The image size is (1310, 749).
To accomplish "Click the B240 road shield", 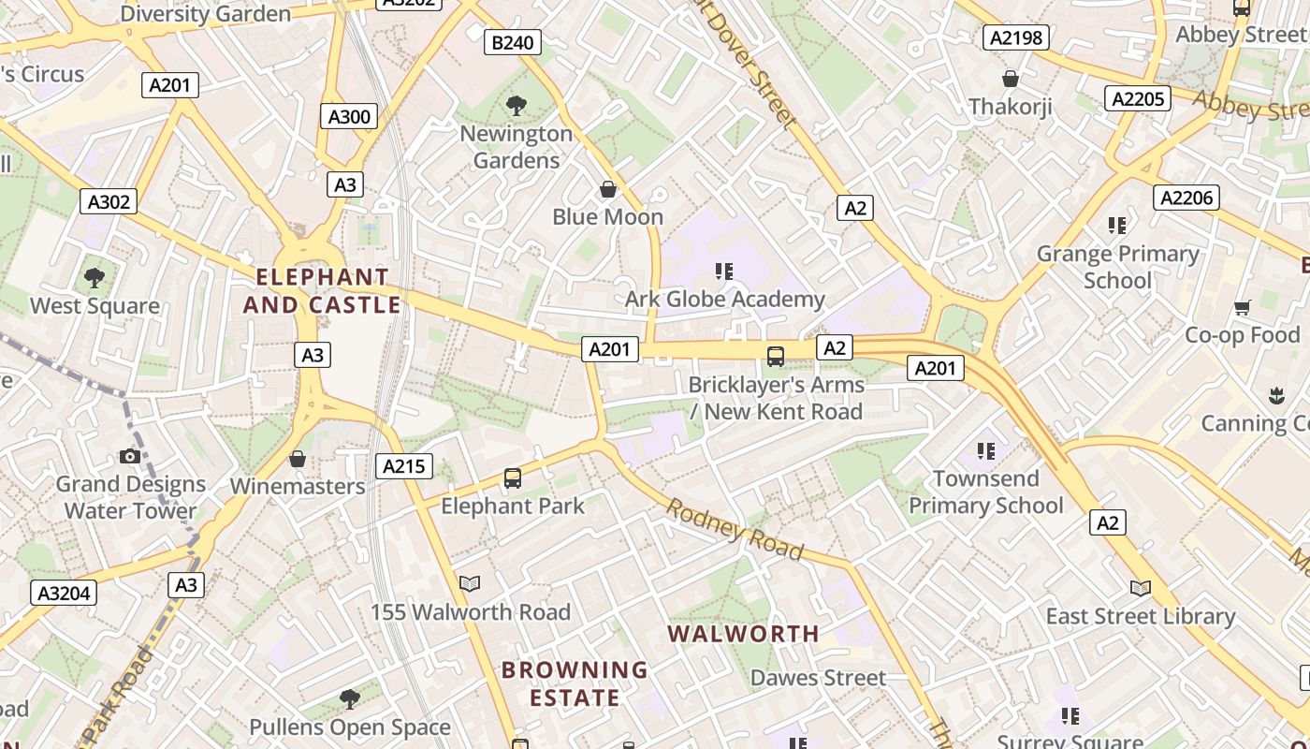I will click(513, 42).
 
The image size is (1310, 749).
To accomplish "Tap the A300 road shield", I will click(350, 116).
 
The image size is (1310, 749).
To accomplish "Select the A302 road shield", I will click(109, 201).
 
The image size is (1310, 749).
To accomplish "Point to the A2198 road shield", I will click(1015, 37).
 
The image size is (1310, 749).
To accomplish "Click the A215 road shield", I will click(404, 465).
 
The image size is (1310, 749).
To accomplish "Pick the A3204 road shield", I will click(65, 593).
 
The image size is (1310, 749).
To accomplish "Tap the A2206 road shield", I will click(1186, 197).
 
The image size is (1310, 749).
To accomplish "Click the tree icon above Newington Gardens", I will click(516, 105).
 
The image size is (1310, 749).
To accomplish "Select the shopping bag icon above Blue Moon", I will click(608, 189).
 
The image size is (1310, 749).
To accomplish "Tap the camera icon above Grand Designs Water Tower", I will click(130, 456).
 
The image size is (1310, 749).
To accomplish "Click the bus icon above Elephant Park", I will click(513, 478).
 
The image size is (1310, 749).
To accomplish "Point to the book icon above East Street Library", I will click(1140, 588).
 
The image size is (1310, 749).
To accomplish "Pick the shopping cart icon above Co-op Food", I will click(1243, 307).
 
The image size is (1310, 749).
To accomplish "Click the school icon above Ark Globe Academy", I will click(723, 272).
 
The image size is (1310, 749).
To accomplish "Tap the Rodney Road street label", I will click(735, 529).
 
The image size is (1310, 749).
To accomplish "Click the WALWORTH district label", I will click(744, 634).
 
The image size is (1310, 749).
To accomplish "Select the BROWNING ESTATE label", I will click(575, 683).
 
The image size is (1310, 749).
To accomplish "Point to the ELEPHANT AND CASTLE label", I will click(322, 291).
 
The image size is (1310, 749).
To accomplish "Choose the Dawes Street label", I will click(818, 678).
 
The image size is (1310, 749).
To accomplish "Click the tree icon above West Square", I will click(94, 277).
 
